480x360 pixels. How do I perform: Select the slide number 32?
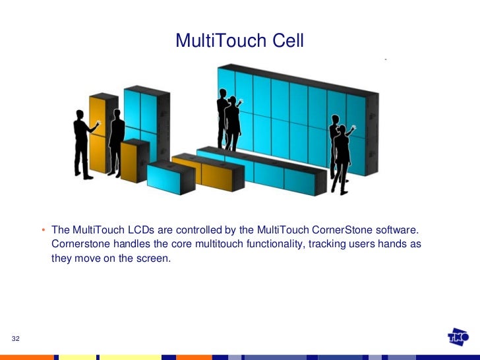pyautogui.click(x=16, y=338)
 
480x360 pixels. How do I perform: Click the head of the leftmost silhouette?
pyautogui.click(x=79, y=114)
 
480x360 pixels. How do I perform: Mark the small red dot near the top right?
pyautogui.click(x=385, y=60)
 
